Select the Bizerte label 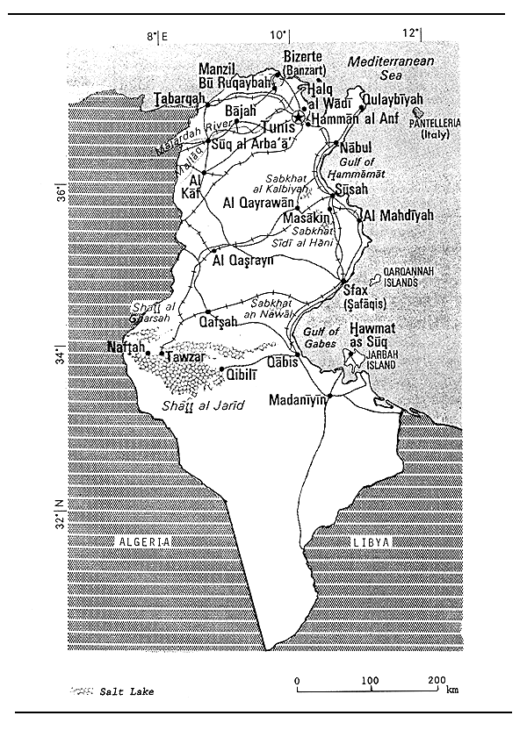304,55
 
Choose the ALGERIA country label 142,542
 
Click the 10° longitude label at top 278,34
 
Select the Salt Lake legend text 128,692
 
